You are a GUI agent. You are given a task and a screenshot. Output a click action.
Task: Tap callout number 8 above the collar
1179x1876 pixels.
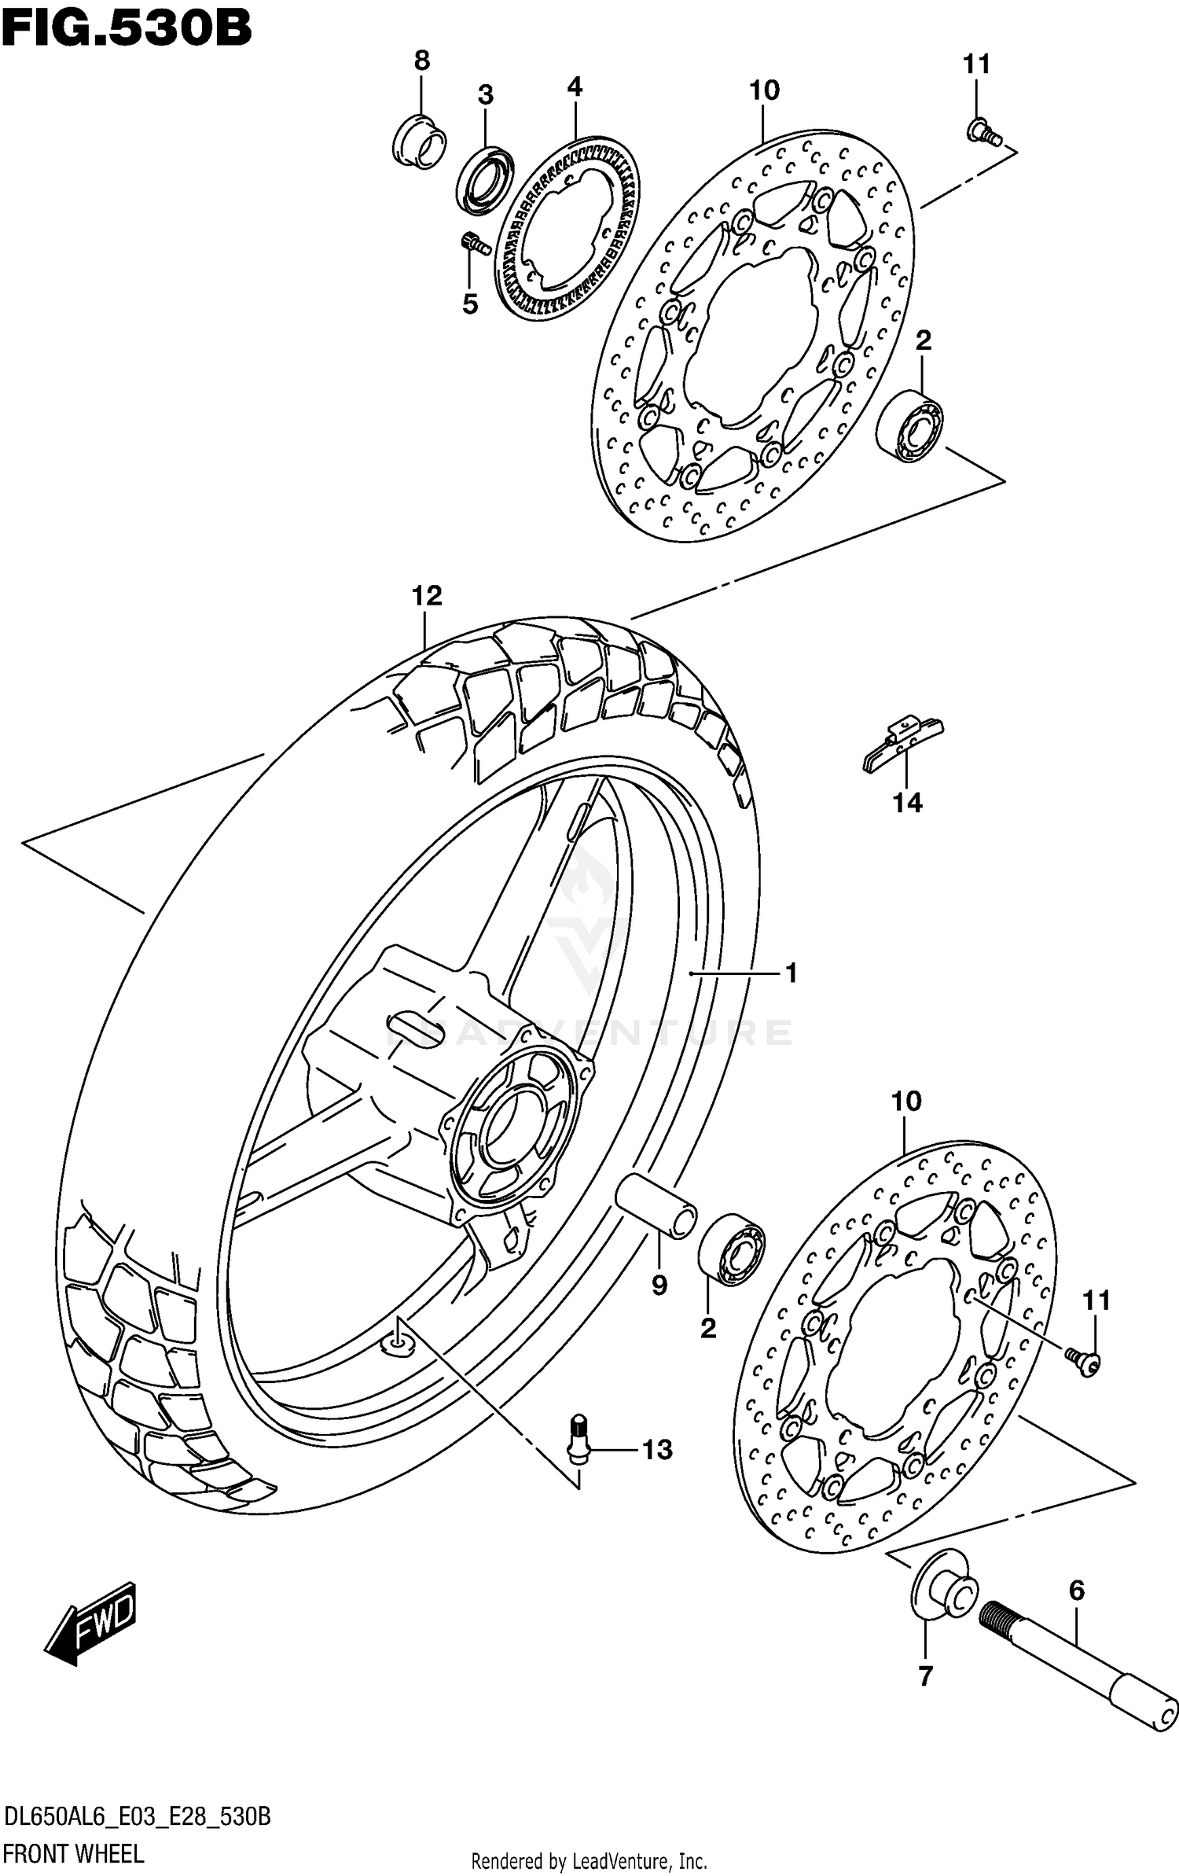pyautogui.click(x=422, y=61)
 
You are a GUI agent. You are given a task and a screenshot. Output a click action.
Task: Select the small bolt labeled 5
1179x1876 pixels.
pyautogui.click(x=474, y=243)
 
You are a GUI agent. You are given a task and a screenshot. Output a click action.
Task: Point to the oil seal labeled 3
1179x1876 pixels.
pyautogui.click(x=484, y=179)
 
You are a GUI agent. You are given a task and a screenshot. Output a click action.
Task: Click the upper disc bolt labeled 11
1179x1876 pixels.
pyautogui.click(x=982, y=133)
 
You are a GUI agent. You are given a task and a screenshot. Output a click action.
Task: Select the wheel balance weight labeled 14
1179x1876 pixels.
pyautogui.click(x=902, y=744)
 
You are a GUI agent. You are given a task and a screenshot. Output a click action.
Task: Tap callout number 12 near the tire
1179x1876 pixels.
pyautogui.click(x=427, y=595)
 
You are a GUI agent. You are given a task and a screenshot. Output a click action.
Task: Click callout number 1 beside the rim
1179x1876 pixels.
pyautogui.click(x=791, y=973)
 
